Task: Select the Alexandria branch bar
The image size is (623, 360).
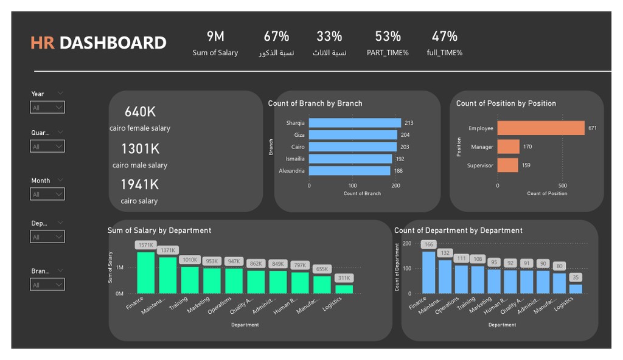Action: coord(349,171)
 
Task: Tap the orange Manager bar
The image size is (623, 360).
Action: coord(508,147)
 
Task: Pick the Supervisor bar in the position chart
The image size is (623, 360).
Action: coord(507,165)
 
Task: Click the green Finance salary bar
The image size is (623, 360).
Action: coord(145,273)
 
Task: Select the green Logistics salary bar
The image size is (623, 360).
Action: coord(344,289)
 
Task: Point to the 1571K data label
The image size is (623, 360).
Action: coord(145,245)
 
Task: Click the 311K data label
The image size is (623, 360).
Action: coord(344,278)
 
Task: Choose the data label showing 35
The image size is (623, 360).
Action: coord(576,277)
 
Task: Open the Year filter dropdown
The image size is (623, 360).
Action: coord(47,108)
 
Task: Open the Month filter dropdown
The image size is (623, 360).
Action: coord(47,195)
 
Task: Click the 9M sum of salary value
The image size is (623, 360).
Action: coord(215,36)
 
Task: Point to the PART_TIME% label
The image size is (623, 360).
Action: coord(388,53)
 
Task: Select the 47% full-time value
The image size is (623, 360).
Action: coord(444,36)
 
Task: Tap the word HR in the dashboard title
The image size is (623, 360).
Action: coord(43,43)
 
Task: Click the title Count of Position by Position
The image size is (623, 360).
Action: coord(506,103)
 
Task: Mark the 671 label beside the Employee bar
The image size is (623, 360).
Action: coord(592,128)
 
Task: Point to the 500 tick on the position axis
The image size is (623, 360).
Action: coord(562,185)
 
